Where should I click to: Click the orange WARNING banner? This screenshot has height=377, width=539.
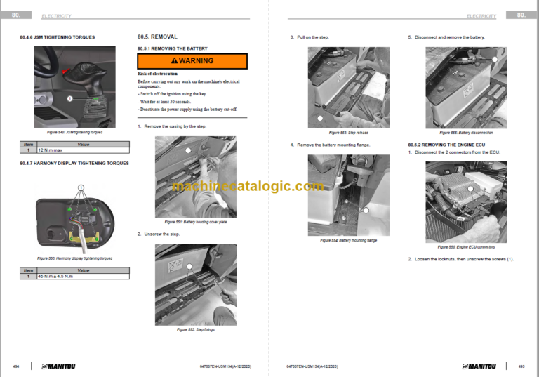click(x=192, y=61)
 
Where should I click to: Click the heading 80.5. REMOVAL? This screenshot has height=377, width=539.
click(x=157, y=37)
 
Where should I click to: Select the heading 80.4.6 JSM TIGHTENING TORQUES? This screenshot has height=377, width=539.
click(x=58, y=37)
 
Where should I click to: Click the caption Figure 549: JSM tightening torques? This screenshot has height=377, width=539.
click(x=74, y=132)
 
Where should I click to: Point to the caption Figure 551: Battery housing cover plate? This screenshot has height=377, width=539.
click(x=195, y=221)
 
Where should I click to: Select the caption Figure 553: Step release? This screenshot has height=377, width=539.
click(x=348, y=132)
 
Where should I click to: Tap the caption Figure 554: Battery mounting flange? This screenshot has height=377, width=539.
click(x=348, y=240)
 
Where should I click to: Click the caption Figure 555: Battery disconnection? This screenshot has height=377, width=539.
click(x=466, y=132)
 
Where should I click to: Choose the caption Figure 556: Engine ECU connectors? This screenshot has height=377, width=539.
click(x=466, y=247)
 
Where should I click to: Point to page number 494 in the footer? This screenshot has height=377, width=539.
click(x=16, y=366)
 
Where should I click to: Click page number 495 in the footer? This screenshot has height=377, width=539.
click(x=521, y=366)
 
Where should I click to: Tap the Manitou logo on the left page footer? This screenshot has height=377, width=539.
click(x=61, y=366)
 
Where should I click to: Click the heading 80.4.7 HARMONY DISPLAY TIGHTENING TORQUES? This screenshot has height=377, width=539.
click(x=74, y=163)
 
